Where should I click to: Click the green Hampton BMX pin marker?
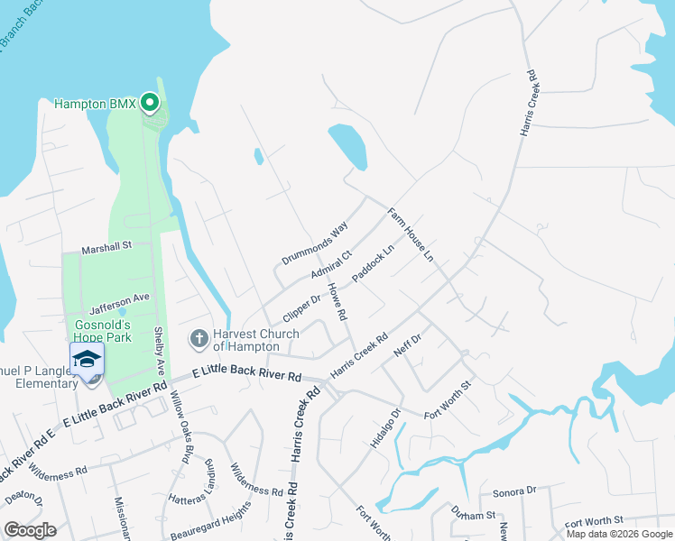(x=151, y=105)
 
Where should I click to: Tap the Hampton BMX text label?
(x=95, y=105)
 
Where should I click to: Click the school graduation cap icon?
(x=88, y=359)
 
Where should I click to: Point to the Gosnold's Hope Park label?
(x=103, y=331)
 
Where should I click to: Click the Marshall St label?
(x=106, y=244)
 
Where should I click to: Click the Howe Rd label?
(x=337, y=302)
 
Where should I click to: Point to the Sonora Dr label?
(x=514, y=492)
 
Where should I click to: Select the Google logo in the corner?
(x=30, y=530)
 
